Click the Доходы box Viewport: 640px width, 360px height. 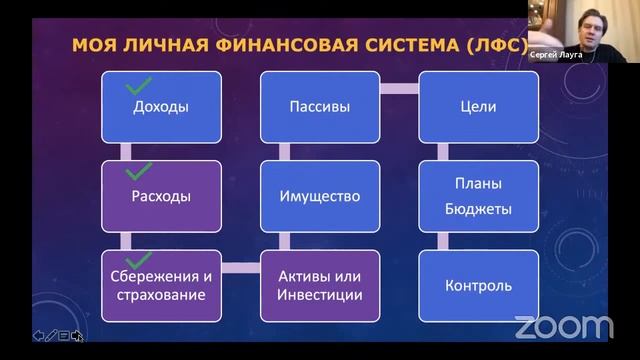tap(161, 106)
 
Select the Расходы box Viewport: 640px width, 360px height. tap(161, 196)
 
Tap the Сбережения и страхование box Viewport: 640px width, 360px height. tap(161, 285)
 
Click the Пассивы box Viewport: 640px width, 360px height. tap(319, 106)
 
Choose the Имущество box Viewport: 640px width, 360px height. tap(319, 196)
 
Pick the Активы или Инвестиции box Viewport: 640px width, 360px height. tap(319, 285)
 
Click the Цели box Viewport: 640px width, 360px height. tap(478, 106)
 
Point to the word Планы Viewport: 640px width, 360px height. tap(478, 184)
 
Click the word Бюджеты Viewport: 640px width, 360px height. tap(478, 210)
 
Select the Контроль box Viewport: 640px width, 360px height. tap(478, 285)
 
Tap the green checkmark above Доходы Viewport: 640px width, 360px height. tap(139, 87)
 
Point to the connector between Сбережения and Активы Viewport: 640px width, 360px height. tap(240, 268)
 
